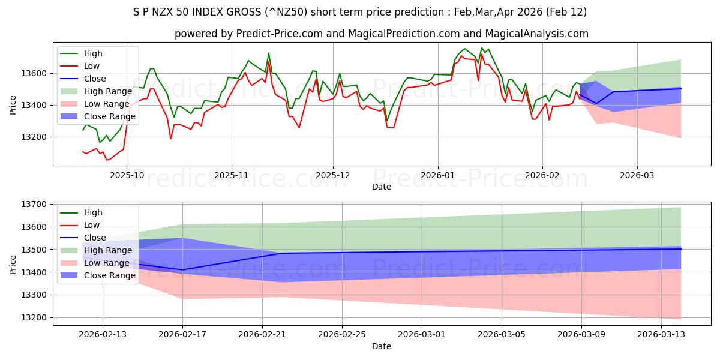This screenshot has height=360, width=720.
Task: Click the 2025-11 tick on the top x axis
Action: [x=232, y=176]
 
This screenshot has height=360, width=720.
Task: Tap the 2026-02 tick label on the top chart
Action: [x=542, y=176]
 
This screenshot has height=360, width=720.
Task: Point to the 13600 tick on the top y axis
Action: [x=35, y=73]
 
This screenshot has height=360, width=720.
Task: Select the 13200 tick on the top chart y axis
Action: [x=35, y=137]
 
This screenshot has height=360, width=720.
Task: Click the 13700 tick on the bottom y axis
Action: [x=35, y=205]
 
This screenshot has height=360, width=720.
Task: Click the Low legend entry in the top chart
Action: [x=92, y=66]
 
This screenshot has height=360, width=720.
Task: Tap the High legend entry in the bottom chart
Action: [x=93, y=212]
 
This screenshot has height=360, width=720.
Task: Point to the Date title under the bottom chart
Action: [x=382, y=346]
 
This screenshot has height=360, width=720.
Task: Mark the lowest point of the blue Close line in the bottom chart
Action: [x=182, y=270]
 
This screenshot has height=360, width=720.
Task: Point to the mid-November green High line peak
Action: [x=268, y=53]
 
